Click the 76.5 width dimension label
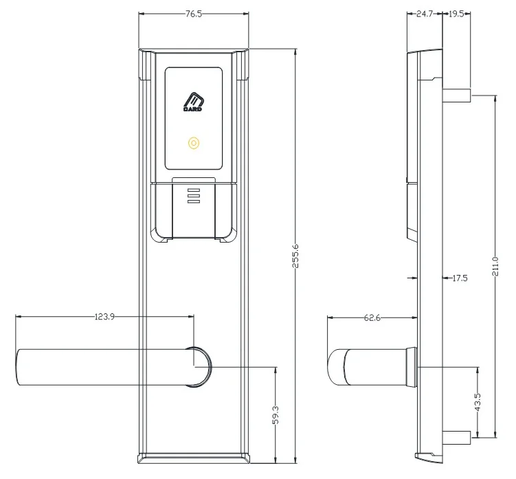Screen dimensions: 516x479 194,14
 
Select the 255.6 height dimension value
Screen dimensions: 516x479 295,256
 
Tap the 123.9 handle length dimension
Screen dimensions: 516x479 104,317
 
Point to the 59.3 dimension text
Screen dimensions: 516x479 276,415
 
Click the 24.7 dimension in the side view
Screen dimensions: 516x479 425,14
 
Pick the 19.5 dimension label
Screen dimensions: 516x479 456,14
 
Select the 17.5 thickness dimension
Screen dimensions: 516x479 460,278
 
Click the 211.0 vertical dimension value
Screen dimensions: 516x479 495,267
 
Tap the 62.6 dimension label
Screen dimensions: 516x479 372,318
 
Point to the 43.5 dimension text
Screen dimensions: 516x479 478,402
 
